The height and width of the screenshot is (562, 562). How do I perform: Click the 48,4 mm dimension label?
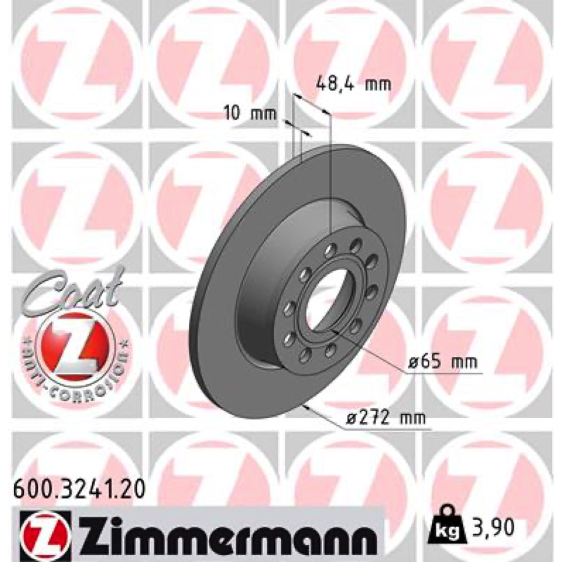353,84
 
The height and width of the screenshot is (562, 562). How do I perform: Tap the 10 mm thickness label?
251,114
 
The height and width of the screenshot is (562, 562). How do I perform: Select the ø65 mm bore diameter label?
443,362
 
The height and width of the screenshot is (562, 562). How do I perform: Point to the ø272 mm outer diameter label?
385,417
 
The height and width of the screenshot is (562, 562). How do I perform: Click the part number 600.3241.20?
79,489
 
